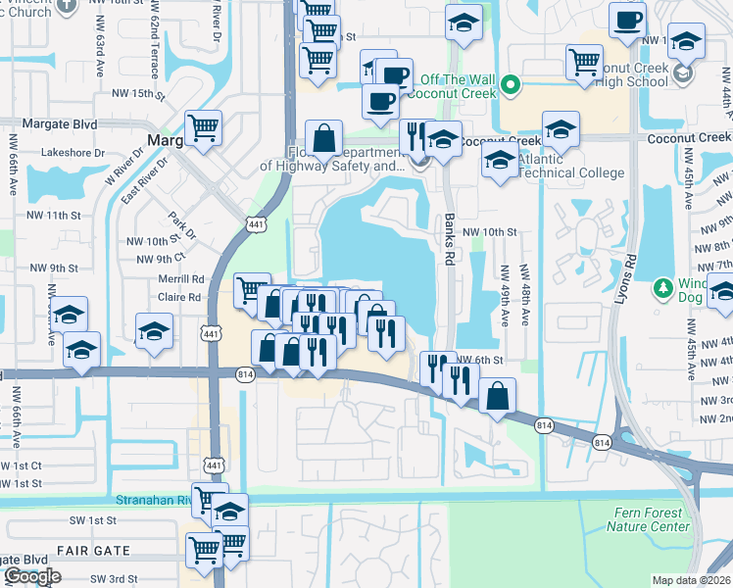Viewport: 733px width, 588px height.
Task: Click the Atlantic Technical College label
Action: click(x=570, y=166)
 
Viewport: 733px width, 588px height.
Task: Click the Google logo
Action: click(x=31, y=576)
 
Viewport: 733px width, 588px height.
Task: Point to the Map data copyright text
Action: click(x=692, y=579)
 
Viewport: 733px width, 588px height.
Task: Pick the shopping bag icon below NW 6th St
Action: click(x=498, y=397)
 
